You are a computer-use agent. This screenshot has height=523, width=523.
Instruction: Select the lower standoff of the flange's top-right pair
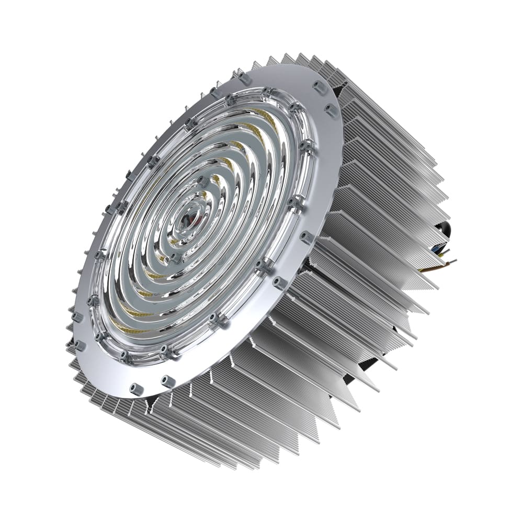point(331,110)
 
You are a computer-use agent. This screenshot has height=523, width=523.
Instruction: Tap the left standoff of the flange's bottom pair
point(137,388)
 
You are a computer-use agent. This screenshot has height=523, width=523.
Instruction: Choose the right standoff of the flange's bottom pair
point(168,381)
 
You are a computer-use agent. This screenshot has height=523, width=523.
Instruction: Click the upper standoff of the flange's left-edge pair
point(77,317)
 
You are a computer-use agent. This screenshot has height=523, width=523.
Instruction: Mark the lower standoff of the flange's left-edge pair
point(79,345)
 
